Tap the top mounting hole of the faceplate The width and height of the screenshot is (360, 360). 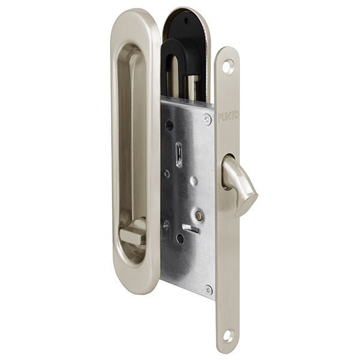[x=227, y=67]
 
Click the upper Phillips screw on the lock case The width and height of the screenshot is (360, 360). [x=206, y=119]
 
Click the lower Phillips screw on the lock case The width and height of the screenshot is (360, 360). [x=208, y=289]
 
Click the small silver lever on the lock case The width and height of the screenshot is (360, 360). [x=191, y=229]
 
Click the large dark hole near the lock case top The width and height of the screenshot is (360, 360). [x=169, y=125]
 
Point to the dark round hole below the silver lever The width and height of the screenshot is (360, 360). [x=180, y=238]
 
